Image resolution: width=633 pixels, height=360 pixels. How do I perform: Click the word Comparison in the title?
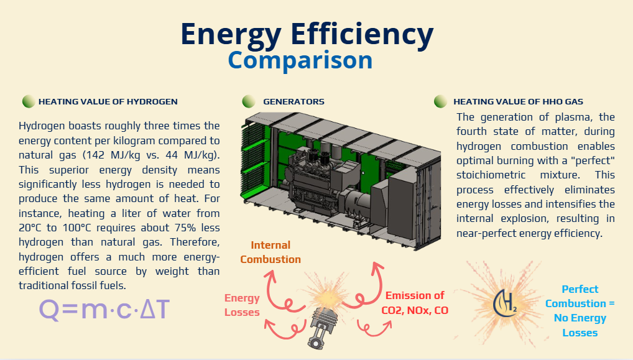[300, 60]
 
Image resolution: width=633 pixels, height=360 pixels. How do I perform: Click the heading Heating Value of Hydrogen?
[108, 102]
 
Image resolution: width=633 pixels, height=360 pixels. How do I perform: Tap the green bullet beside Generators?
[249, 101]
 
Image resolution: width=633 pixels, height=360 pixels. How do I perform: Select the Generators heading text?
[293, 102]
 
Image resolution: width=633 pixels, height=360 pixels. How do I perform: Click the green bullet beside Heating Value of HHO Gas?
[440, 101]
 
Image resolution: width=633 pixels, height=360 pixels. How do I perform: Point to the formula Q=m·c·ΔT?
[104, 310]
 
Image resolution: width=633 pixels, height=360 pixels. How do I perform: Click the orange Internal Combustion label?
[270, 252]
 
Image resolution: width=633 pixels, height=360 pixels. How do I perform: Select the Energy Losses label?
[242, 305]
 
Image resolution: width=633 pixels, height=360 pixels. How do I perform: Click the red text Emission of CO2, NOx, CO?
[415, 303]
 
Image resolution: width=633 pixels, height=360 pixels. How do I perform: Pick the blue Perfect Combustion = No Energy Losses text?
[580, 311]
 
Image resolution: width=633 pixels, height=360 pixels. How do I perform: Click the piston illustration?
[322, 328]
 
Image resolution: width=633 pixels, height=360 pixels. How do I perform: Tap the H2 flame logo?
[505, 303]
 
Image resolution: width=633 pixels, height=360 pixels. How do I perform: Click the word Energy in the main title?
[231, 34]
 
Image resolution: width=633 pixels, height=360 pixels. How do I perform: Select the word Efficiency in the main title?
[362, 34]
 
